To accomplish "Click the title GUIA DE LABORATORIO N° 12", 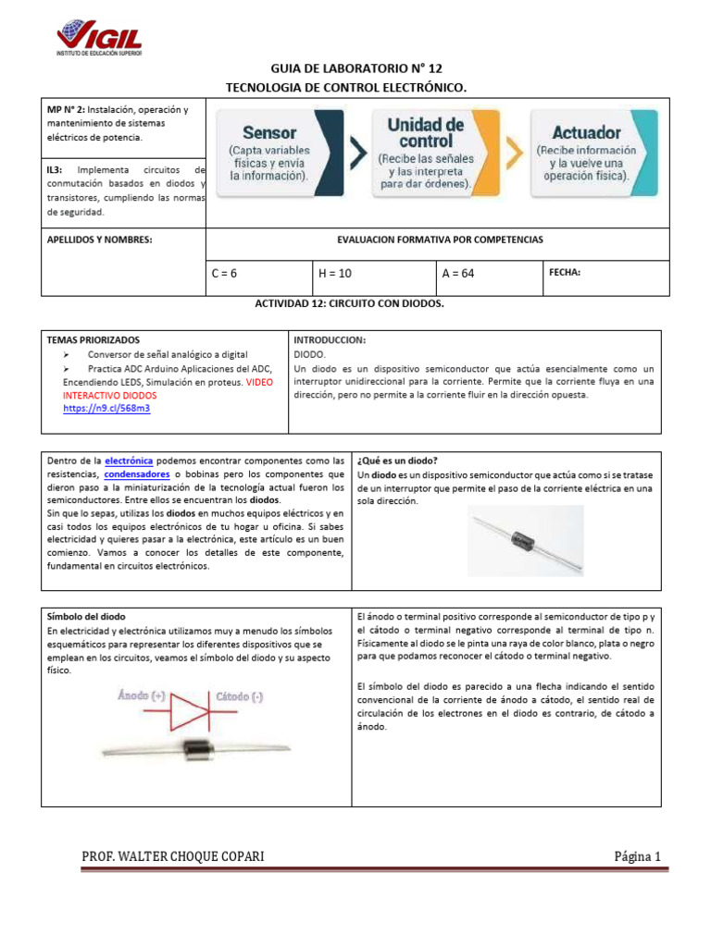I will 356,68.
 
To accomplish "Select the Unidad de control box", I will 425,153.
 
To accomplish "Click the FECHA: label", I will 565,273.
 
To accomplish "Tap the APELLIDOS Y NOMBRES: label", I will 99,240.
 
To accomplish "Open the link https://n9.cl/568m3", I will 106,408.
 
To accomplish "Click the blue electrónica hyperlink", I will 130,461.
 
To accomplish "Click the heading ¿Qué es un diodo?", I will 397,461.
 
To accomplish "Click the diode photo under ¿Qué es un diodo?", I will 524,541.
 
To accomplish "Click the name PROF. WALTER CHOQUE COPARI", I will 173,856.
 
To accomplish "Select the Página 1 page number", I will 637,856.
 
